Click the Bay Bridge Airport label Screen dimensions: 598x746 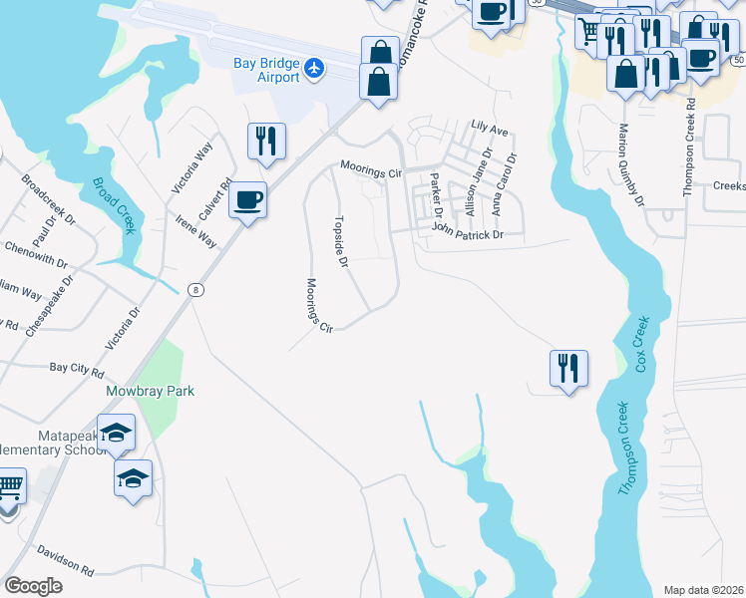pos(266,70)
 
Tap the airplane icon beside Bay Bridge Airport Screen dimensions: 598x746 pos(316,68)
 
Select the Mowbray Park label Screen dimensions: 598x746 pos(151,391)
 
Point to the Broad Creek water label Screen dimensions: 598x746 pos(114,204)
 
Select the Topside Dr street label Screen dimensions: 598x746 pos(341,242)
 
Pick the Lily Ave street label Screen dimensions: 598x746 pos(490,130)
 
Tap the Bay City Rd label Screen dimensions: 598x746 pos(77,369)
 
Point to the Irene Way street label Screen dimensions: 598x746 pos(196,232)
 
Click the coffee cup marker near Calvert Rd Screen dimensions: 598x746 pos(247,202)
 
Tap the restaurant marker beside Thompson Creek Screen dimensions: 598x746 pos(568,368)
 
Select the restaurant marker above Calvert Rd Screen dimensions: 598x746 pos(266,142)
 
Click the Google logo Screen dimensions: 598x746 pos(34,586)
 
